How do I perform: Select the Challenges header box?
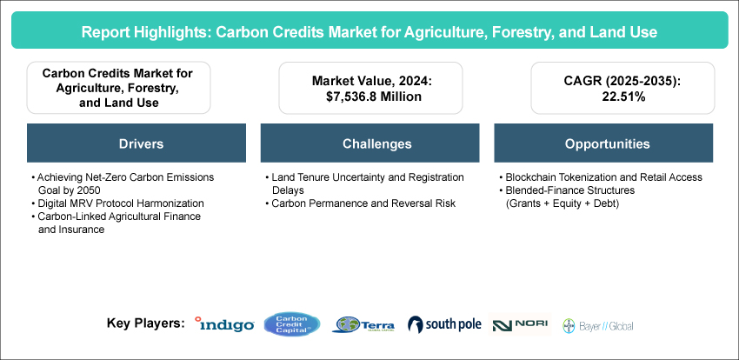coord(370,143)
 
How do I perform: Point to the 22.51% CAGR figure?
coord(622,97)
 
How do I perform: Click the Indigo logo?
coord(225,324)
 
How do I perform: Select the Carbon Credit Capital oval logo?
coord(292,324)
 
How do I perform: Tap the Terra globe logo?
coord(363,324)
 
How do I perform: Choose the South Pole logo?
coord(444,324)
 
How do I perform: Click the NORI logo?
coord(520,324)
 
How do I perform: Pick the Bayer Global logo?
coord(597,325)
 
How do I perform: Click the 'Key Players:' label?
coord(146,323)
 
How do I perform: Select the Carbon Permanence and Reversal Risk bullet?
coord(361,203)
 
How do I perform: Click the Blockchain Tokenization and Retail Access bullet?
coord(601,177)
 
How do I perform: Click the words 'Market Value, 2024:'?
coord(372,80)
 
